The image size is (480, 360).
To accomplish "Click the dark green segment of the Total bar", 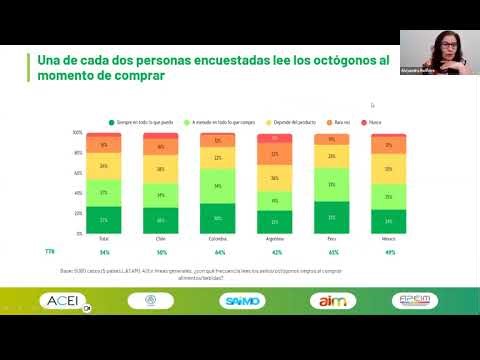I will pos(103,219).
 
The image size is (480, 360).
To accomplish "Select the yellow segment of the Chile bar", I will pos(160,169).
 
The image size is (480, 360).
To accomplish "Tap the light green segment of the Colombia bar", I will pos(218,187).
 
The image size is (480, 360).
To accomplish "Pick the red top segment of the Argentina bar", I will pos(275,138).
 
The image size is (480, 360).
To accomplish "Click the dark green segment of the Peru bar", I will pos(332,217).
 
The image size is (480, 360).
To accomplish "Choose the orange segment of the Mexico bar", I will pos(389,145).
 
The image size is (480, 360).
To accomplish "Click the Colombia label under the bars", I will pos(218,240).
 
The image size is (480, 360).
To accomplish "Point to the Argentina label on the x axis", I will pos(275,240).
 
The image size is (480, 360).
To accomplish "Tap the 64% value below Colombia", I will pos(218,252).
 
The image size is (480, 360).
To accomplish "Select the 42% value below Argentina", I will pos(275,252).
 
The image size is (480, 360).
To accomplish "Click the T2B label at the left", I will pos(49,252).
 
